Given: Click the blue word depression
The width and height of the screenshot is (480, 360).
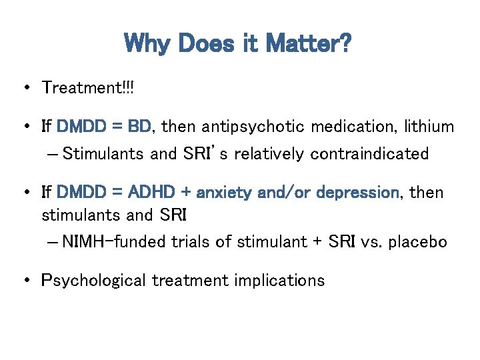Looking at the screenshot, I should coord(356,193).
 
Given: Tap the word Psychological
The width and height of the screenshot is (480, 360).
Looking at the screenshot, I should coord(93,281).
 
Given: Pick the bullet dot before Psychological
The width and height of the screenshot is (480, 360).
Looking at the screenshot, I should coord(25,281).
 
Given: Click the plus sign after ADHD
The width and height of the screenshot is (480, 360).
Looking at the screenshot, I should coord(185,193).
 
